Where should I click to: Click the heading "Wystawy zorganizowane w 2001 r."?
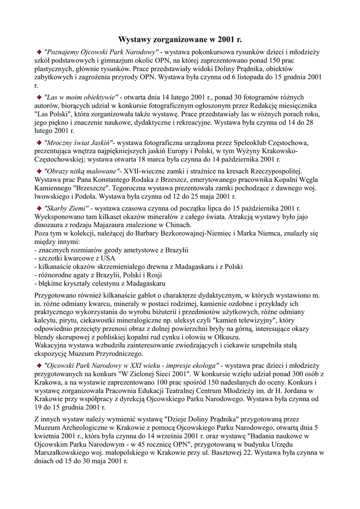(180, 39)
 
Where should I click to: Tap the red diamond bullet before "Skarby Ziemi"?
(38, 208)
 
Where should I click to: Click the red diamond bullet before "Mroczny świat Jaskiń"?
(38, 142)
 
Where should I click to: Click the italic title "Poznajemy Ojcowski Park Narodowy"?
(101, 51)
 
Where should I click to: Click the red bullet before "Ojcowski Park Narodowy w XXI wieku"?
(38, 364)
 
